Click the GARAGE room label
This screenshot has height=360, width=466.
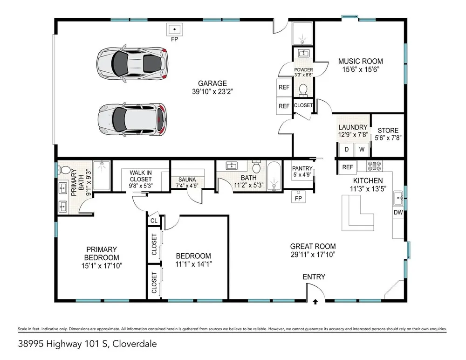coord(212,83)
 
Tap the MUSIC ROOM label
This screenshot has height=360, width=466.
coord(361,61)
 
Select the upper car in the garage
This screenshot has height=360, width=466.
coord(132,63)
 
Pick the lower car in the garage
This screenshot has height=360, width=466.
coord(132,119)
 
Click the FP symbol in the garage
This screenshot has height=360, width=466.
coord(174,30)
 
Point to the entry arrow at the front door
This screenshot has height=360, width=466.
coord(315,302)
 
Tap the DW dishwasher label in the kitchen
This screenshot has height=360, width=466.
coord(398,213)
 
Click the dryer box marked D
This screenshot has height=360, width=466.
coord(347,149)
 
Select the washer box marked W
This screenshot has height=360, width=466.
coord(362,149)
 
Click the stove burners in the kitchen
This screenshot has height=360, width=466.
coord(375,166)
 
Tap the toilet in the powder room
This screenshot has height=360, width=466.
coord(303,90)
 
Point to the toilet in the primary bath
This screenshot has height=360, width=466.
coord(64,170)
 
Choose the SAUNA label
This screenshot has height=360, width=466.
coord(187,180)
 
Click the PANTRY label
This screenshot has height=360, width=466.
coord(302,168)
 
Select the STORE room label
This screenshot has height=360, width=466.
coord(388,131)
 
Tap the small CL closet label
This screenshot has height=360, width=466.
coord(154,221)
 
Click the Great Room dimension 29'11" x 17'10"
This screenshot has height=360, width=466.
coord(313,255)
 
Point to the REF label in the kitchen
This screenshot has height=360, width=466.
coord(348,167)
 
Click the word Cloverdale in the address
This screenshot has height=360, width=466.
coord(135,344)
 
